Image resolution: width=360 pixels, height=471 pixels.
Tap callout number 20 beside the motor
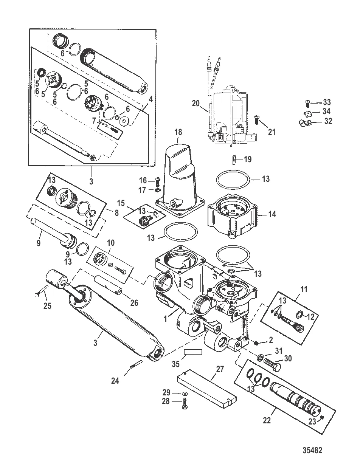(x=196, y=104)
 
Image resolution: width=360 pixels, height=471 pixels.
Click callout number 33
(x=327, y=102)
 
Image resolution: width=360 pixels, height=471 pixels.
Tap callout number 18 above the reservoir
(x=178, y=132)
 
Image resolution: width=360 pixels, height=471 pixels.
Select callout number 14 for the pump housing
(x=272, y=214)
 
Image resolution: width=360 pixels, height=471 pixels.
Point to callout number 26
(x=134, y=303)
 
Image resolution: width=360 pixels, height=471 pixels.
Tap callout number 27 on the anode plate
(x=220, y=369)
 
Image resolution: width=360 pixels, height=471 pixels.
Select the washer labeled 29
(x=184, y=394)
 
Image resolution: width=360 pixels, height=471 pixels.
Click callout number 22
(x=267, y=420)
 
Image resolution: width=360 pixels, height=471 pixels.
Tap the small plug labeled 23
(x=321, y=417)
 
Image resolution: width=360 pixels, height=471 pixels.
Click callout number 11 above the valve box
(x=304, y=289)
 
